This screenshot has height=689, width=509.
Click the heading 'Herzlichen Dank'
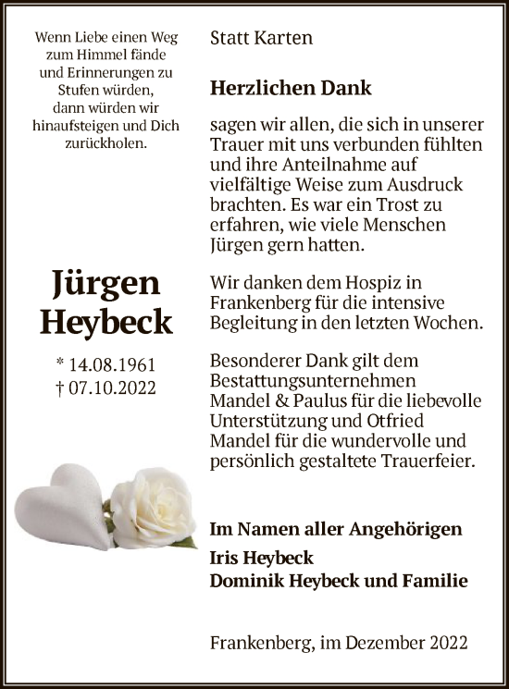point(291,89)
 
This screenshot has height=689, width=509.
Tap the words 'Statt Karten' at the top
point(261,38)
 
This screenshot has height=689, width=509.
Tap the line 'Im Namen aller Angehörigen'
point(335,529)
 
